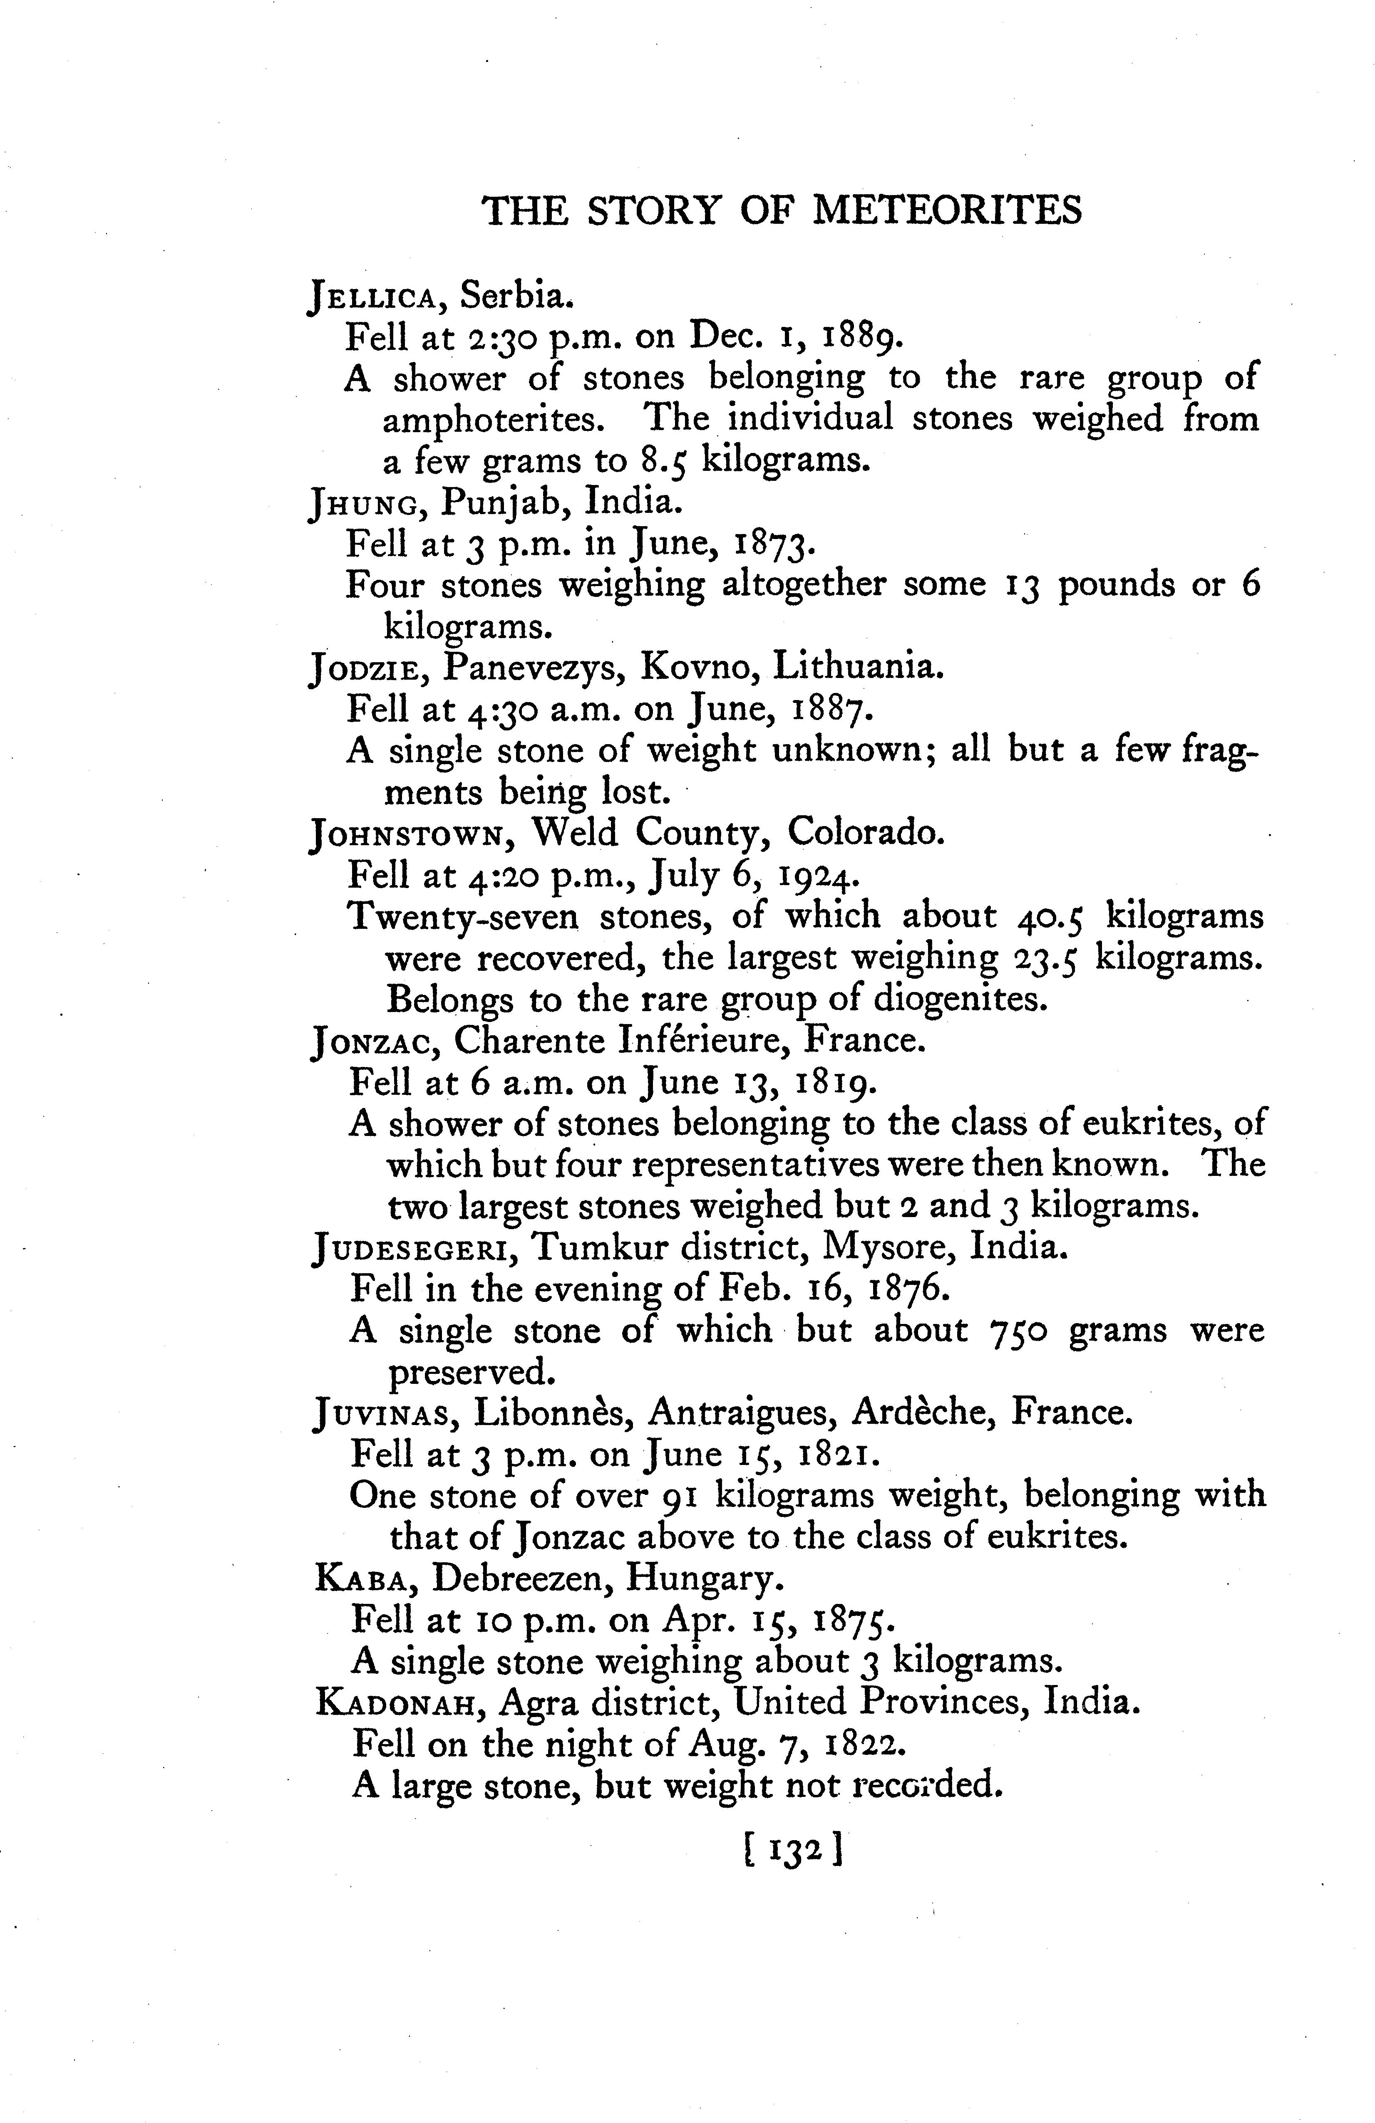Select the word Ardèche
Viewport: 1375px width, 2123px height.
point(923,1412)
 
